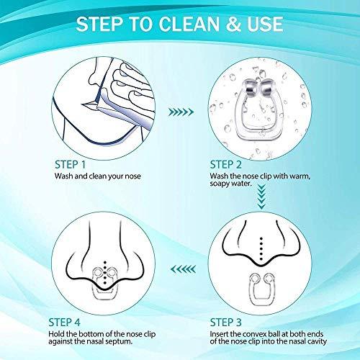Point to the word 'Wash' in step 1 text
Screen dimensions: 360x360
63,175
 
